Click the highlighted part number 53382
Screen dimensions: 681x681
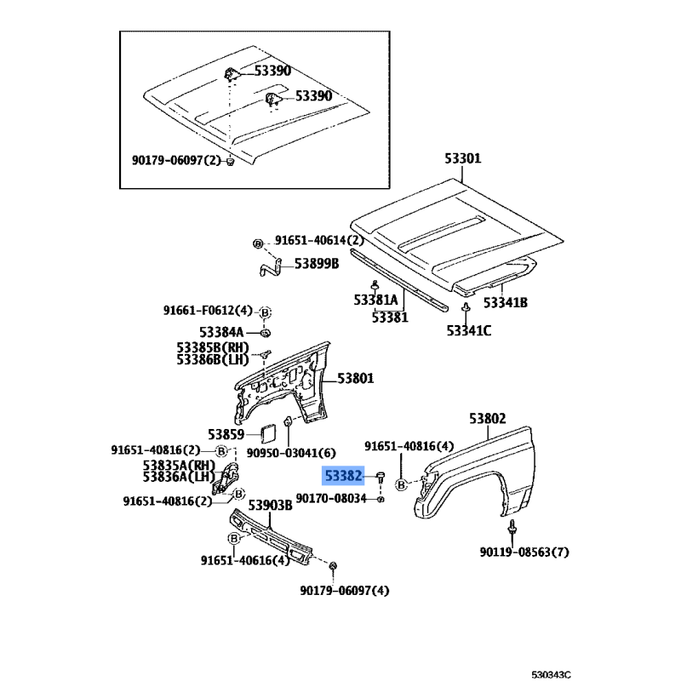tap(343, 477)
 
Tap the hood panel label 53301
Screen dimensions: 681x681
tap(462, 158)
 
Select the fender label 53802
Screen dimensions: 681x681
tap(487, 419)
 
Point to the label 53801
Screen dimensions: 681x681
tap(355, 378)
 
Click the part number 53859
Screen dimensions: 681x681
tap(226, 434)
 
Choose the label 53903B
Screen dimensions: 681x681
tap(270, 505)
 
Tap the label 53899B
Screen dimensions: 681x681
tap(317, 264)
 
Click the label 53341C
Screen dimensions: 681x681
tap(469, 331)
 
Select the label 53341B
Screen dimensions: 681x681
tap(506, 302)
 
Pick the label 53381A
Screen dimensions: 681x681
tap(375, 300)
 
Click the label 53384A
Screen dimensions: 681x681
tap(221, 332)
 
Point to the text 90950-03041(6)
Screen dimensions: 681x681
tap(291, 453)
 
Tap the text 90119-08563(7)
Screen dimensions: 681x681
tap(524, 552)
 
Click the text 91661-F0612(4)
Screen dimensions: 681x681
tap(208, 311)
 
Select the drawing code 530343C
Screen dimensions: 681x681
tap(551, 674)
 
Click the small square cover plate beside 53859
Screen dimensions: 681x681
tap(266, 434)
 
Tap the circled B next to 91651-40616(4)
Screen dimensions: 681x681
tap(234, 539)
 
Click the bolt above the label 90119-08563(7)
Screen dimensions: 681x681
tap(512, 527)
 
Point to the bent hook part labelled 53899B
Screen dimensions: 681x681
tap(271, 267)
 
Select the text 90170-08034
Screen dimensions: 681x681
tap(331, 498)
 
